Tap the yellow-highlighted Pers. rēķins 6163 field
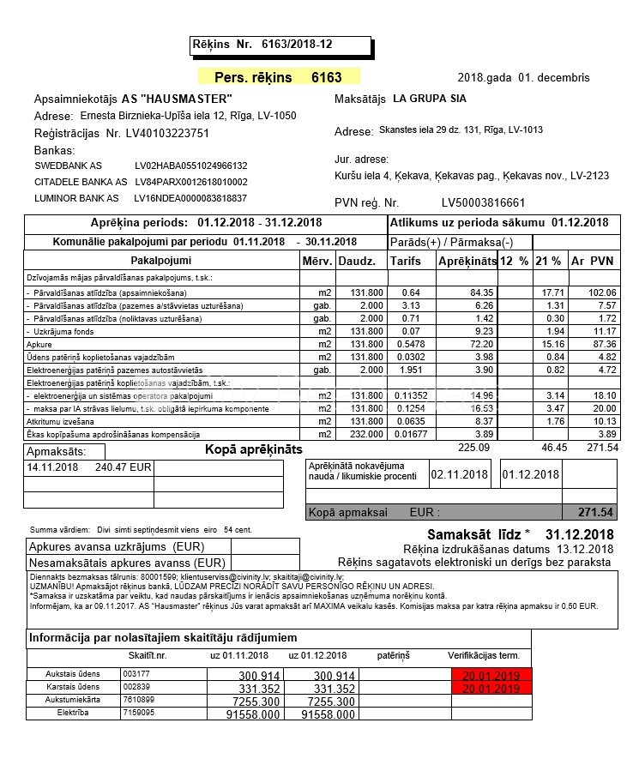pyautogui.click(x=279, y=77)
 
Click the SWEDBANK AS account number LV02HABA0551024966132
pyautogui.click(x=191, y=166)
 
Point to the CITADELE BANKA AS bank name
pyautogui.click(x=81, y=182)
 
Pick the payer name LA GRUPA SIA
pyautogui.click(x=430, y=99)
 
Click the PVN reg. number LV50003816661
pyautogui.click(x=483, y=203)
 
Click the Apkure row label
pyautogui.click(x=40, y=344)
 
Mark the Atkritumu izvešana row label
pyautogui.click(x=61, y=421)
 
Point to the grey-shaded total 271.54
pyautogui.click(x=596, y=513)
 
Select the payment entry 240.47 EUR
pyautogui.click(x=124, y=468)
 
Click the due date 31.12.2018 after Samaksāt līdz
pyautogui.click(x=579, y=534)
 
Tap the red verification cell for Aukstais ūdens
pyautogui.click(x=491, y=676)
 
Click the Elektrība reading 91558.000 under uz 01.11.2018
pyautogui.click(x=254, y=714)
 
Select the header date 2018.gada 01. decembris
pyautogui.click(x=524, y=77)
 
